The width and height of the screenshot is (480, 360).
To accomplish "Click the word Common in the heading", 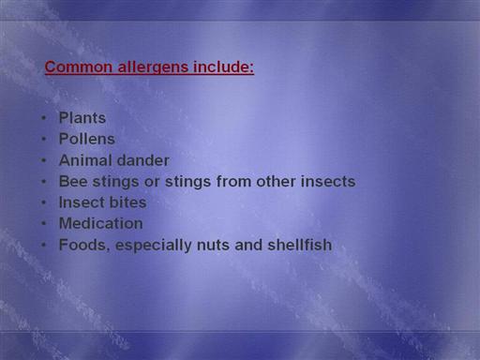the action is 79,67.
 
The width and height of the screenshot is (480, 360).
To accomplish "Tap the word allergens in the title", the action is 153,67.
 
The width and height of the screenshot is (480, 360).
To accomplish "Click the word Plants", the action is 82,118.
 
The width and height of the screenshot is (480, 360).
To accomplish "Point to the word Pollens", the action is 87,139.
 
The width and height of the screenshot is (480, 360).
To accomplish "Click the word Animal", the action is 85,160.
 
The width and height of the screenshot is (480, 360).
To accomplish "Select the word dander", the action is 142,160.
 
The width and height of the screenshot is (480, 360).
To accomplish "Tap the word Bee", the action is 73,181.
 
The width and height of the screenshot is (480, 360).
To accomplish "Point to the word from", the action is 233,181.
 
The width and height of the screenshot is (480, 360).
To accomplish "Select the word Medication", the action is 101,223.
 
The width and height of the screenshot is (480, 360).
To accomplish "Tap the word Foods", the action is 84,245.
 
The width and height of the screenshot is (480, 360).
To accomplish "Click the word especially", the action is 154,246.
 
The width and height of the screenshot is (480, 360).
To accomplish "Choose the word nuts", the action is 213,245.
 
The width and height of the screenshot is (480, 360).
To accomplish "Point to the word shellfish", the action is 300,245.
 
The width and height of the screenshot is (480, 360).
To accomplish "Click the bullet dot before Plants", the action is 44,118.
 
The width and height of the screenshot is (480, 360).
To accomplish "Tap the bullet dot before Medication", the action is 44,223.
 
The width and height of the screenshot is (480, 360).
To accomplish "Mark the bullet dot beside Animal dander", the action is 44,160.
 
